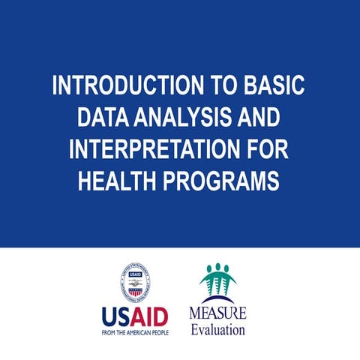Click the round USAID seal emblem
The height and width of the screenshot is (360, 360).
[135, 282]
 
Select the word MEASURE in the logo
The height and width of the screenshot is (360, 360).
[217, 313]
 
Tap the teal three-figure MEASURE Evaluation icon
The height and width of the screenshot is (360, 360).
[217, 281]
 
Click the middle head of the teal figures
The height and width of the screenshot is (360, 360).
[217, 268]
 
